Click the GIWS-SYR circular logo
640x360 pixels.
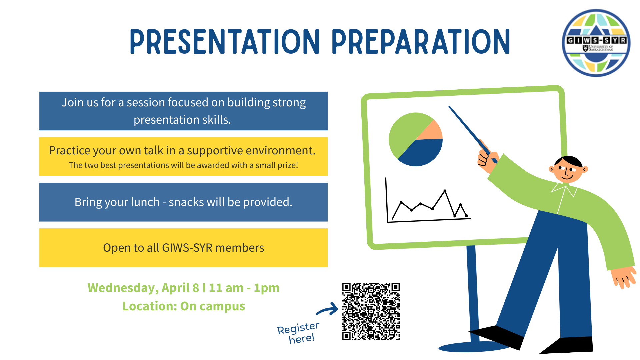tap(596, 43)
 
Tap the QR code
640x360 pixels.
tap(371, 311)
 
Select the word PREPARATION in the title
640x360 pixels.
tap(421, 42)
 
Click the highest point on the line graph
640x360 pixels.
tap(445, 191)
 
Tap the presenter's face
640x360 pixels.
tap(568, 170)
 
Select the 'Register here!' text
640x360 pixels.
tap(298, 333)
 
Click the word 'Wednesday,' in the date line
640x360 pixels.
tap(123, 288)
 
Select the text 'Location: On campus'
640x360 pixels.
tap(184, 306)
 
